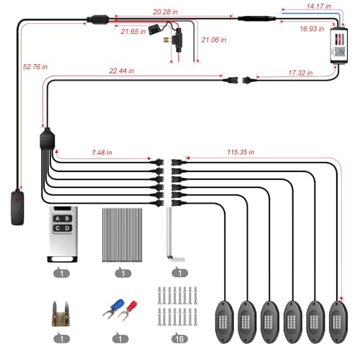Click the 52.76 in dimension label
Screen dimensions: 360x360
35,67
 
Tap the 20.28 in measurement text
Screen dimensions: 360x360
166,12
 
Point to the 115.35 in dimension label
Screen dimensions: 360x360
240,152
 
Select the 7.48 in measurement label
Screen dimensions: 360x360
102,153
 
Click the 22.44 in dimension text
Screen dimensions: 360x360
122,71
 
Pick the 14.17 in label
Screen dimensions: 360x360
318,6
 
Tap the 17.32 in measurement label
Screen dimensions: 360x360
300,73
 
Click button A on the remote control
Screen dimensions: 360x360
58,218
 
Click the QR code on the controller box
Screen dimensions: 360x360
340,52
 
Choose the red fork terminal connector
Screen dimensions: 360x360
127,310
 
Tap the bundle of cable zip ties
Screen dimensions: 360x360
122,235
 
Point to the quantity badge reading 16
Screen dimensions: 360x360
179,338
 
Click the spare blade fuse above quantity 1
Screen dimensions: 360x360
60,314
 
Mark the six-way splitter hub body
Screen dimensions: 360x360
47,139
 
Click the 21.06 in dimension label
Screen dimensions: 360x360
214,40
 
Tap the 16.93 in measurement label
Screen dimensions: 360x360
312,29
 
